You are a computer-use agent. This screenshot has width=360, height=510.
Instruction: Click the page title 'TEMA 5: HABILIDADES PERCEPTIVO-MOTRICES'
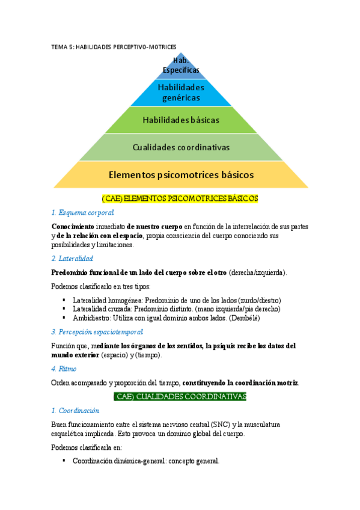click(x=114, y=46)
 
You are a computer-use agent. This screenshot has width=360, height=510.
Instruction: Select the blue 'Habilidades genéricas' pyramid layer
click(x=181, y=93)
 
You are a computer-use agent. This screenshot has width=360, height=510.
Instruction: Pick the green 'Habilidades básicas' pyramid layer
click(x=181, y=120)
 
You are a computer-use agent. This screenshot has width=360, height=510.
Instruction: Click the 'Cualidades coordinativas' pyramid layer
click(x=181, y=147)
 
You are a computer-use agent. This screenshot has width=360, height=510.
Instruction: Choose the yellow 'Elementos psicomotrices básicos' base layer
click(x=181, y=175)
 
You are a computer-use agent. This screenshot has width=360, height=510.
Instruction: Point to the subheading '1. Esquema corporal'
click(x=82, y=212)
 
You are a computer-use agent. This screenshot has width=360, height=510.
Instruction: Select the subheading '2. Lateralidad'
click(x=72, y=258)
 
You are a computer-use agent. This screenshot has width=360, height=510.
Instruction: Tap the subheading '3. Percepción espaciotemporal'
click(x=97, y=331)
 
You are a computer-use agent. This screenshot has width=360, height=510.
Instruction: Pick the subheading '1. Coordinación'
click(x=75, y=411)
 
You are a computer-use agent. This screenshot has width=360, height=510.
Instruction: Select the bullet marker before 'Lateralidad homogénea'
click(x=64, y=300)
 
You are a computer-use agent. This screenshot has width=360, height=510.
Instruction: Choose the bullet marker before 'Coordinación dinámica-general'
click(x=64, y=461)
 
